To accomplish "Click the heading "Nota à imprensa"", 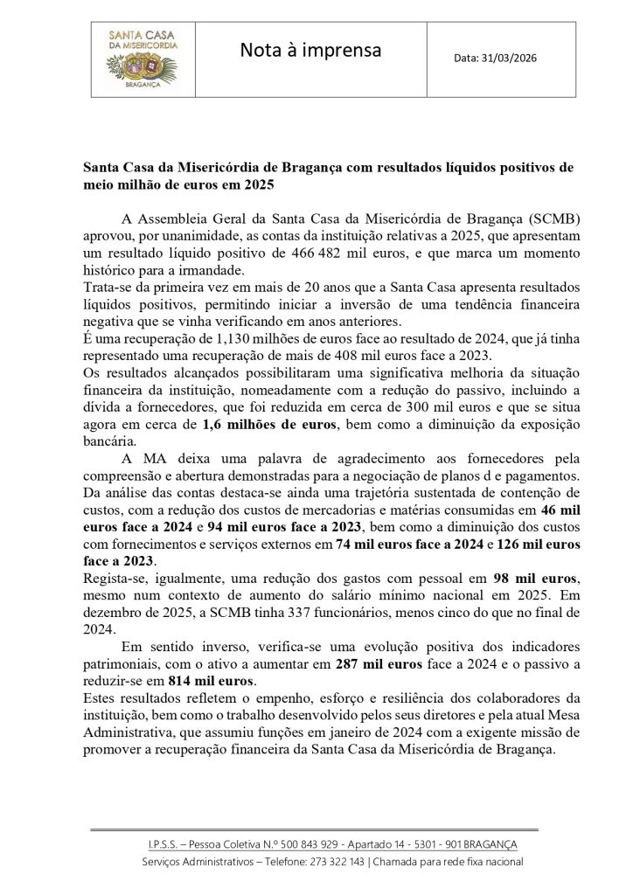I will (x=311, y=52).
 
